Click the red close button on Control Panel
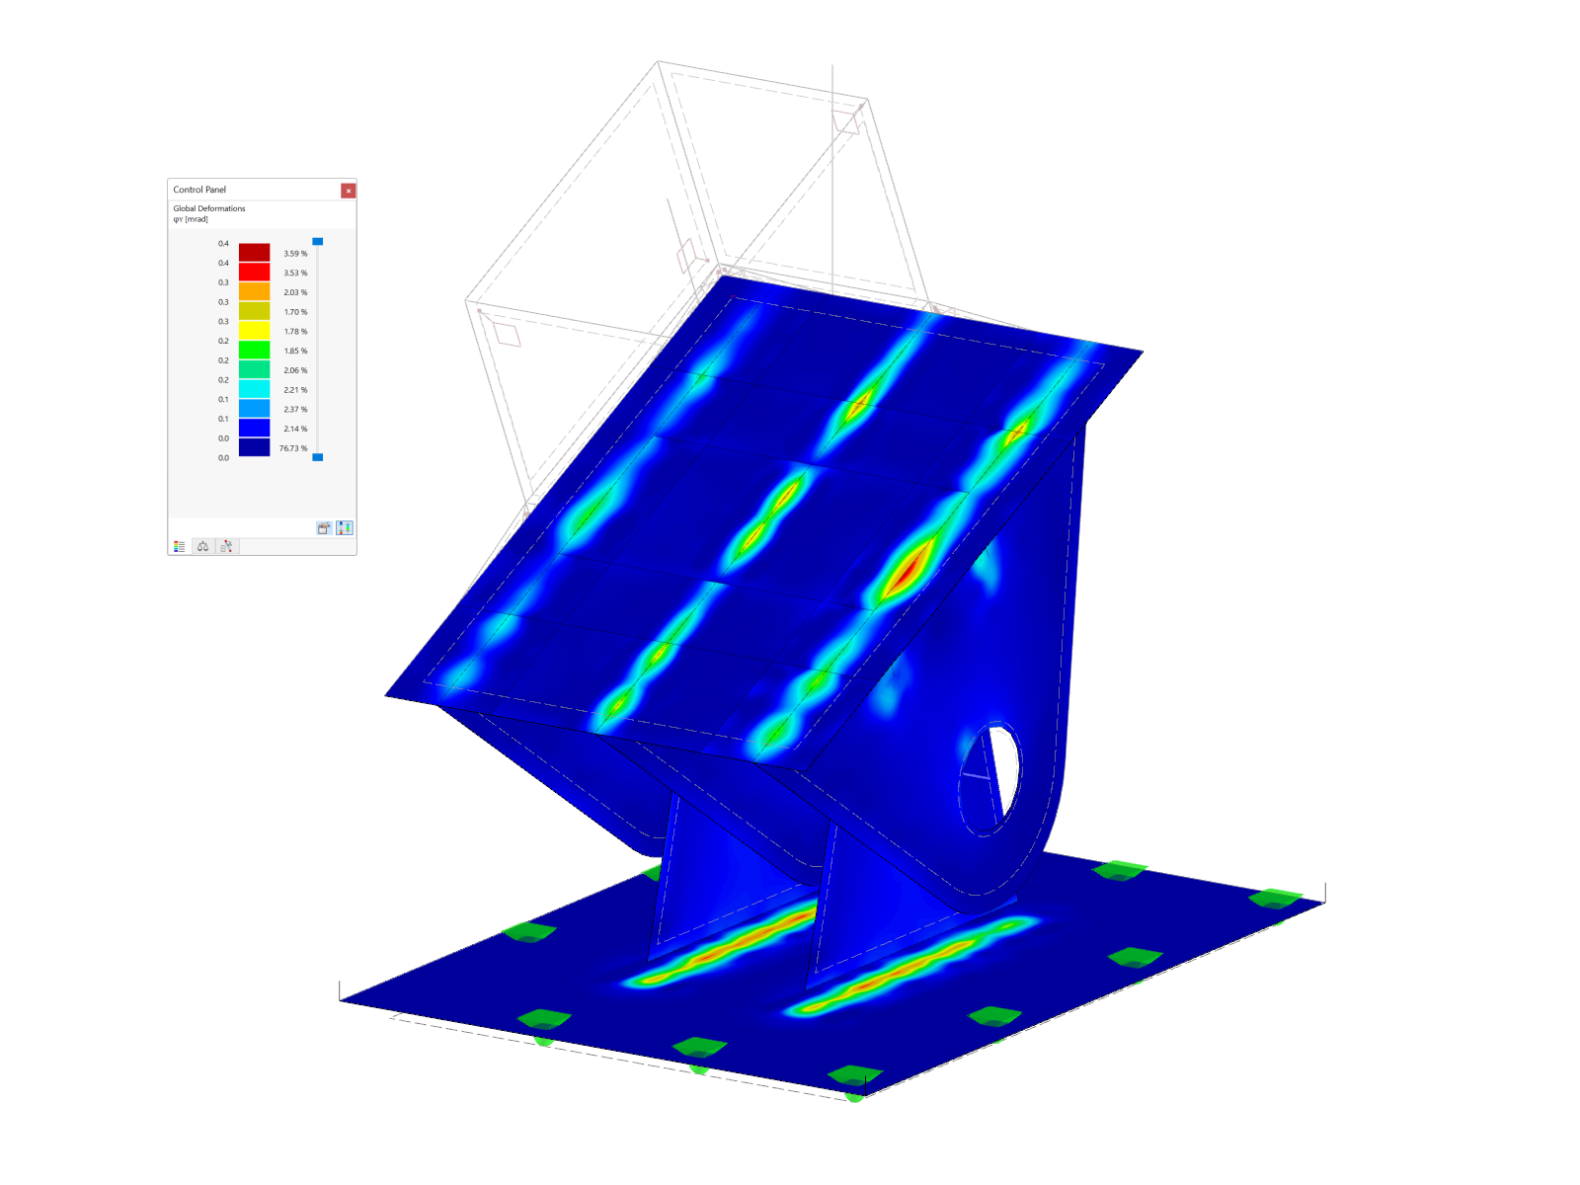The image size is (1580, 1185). click(348, 191)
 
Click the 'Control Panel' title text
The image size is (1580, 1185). click(199, 190)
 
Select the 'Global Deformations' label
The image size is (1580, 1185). click(209, 208)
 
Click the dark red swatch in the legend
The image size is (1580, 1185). click(254, 253)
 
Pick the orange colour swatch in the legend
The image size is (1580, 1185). click(254, 292)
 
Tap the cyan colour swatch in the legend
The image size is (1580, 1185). click(254, 389)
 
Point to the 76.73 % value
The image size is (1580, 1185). click(293, 448)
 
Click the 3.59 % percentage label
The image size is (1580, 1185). click(295, 254)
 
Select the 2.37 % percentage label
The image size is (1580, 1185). click(295, 410)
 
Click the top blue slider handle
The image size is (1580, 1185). click(317, 241)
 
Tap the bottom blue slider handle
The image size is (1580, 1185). click(317, 457)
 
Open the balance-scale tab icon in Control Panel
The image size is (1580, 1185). click(202, 546)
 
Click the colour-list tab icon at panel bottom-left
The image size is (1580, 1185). click(179, 546)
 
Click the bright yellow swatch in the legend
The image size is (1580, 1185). click(254, 331)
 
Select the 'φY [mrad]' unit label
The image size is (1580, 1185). click(191, 219)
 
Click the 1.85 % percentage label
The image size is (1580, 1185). click(295, 352)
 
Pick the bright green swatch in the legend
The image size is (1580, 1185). click(254, 350)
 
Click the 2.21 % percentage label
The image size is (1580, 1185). click(295, 390)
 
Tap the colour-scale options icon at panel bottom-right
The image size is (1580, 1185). click(344, 528)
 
